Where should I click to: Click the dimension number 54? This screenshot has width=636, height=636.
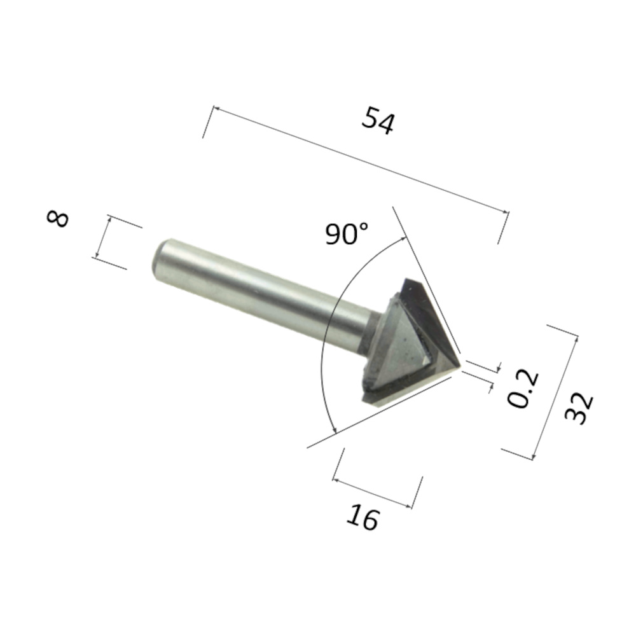[378, 120]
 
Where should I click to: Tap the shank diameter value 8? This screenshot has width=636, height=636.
[58, 219]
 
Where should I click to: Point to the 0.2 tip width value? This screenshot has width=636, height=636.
[525, 389]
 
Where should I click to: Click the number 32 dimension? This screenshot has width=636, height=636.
[579, 409]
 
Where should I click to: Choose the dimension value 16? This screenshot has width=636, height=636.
[363, 518]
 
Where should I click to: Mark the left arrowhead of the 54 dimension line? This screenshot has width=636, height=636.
[215, 110]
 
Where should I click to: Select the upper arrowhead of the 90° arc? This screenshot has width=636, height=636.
[403, 240]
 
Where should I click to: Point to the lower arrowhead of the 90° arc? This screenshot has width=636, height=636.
[333, 432]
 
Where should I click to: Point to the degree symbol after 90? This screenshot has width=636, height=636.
[363, 227]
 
